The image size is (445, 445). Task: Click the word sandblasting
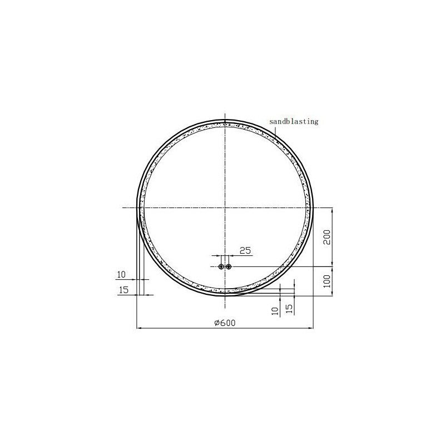294,121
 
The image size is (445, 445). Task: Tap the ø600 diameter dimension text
225,323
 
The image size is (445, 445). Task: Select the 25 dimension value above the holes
245,251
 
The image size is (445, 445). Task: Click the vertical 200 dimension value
327,238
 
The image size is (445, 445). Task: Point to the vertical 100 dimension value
327,281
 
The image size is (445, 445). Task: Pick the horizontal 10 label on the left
121,274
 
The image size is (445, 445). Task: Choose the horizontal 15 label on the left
123,290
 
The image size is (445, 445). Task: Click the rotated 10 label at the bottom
275,311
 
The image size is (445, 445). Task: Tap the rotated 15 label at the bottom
289,309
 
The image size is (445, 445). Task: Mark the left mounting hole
221,266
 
